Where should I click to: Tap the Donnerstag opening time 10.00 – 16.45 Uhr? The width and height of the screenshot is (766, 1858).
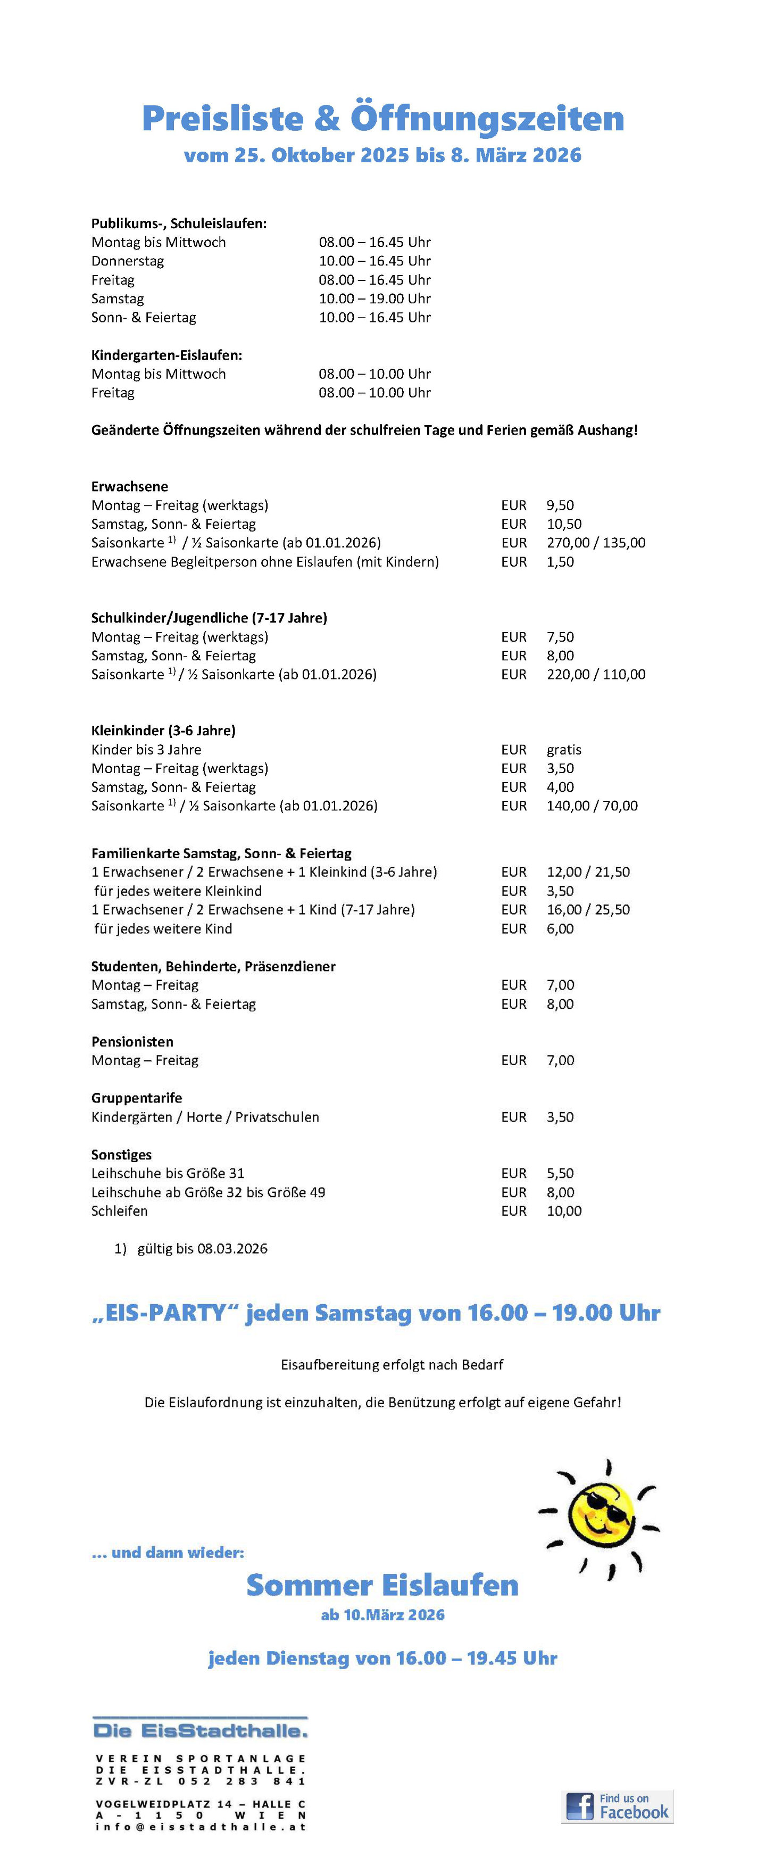click(374, 261)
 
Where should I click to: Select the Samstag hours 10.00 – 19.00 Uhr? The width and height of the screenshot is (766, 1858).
click(374, 298)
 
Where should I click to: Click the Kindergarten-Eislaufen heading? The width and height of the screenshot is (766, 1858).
click(166, 355)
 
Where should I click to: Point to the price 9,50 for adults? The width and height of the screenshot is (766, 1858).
click(560, 505)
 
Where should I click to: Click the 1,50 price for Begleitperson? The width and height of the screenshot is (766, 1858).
click(560, 562)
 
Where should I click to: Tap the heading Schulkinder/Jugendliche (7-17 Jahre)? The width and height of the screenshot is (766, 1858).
click(209, 618)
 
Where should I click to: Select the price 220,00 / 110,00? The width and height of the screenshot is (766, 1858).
click(595, 674)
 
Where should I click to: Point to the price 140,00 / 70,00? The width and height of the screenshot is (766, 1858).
click(592, 806)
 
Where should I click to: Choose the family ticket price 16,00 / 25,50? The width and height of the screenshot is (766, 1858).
click(588, 909)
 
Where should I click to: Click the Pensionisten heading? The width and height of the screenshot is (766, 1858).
click(132, 1041)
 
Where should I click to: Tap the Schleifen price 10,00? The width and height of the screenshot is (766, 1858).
click(563, 1211)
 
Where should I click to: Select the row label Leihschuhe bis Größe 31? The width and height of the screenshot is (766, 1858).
click(168, 1174)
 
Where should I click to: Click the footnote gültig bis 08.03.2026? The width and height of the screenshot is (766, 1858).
click(202, 1249)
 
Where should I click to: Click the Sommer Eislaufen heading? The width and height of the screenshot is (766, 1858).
click(382, 1586)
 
